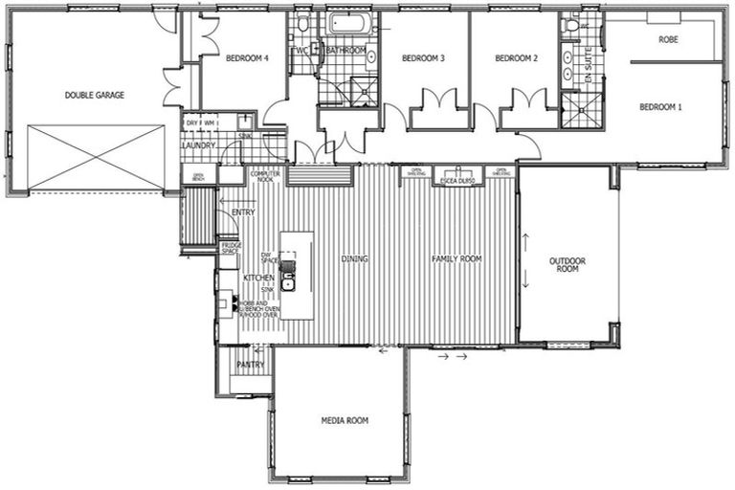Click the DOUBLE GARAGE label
(95, 95)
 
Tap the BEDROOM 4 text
(246, 58)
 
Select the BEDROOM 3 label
(423, 58)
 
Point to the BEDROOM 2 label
(516, 58)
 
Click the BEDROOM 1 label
(660, 106)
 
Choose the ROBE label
(668, 39)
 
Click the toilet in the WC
(302, 24)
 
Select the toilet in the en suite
(573, 26)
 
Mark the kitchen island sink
(287, 281)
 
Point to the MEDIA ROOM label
(345, 420)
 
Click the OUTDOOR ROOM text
(568, 265)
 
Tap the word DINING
(354, 258)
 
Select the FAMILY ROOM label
(457, 259)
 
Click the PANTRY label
(250, 364)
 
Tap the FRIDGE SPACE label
(231, 248)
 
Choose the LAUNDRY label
(200, 145)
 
